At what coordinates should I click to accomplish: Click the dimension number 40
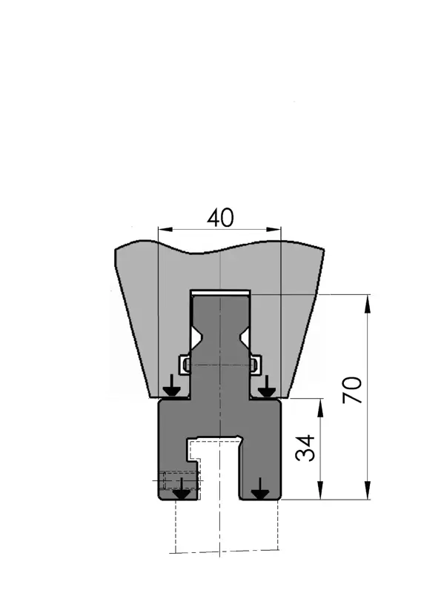pyautogui.click(x=220, y=218)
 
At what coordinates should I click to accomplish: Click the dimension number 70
pyautogui.click(x=352, y=390)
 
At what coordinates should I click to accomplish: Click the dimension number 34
pyautogui.click(x=305, y=448)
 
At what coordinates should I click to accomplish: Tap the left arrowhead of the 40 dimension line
pyautogui.click(x=165, y=229)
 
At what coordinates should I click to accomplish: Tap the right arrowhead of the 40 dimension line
pyautogui.click(x=274, y=229)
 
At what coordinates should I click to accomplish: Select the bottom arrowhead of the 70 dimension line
pyautogui.click(x=367, y=490)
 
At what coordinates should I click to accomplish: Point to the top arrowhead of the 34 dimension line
pyautogui.click(x=320, y=408)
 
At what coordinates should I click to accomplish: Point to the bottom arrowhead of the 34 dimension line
pyautogui.click(x=320, y=490)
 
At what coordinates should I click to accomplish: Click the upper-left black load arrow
pyautogui.click(x=172, y=385)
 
